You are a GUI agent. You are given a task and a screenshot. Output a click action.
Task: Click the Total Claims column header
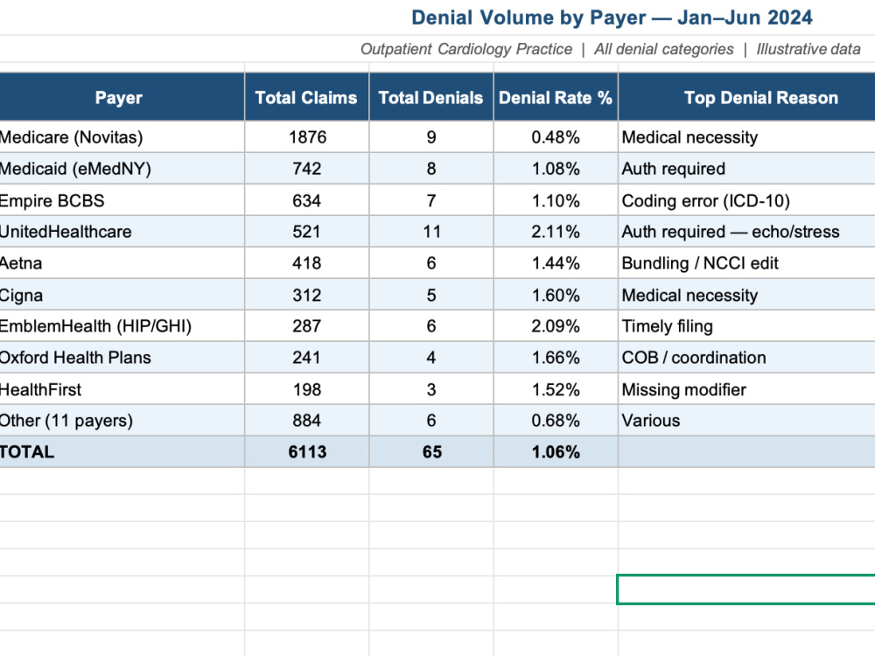click(306, 98)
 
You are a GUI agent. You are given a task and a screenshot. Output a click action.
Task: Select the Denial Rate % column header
click(556, 98)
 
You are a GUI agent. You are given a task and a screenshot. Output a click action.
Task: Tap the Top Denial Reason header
click(761, 98)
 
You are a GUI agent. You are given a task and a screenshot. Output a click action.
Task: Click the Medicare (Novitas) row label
click(71, 137)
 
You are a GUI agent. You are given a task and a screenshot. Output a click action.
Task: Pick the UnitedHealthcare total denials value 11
click(431, 232)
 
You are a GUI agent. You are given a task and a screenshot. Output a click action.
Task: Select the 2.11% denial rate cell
click(556, 232)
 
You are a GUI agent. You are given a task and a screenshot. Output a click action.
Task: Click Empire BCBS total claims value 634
click(306, 200)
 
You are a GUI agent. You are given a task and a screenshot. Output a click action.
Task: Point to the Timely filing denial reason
click(668, 326)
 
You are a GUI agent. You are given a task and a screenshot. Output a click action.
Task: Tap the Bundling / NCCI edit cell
click(700, 263)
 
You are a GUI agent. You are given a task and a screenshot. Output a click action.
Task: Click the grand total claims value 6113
click(307, 452)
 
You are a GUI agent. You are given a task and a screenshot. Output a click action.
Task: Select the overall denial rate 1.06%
click(556, 452)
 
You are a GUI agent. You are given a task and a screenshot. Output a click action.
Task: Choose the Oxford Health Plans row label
click(74, 358)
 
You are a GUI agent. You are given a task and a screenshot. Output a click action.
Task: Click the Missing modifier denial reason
click(684, 389)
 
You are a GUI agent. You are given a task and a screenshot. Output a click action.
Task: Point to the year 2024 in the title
click(790, 17)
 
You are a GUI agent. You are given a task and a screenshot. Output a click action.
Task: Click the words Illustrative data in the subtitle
click(808, 49)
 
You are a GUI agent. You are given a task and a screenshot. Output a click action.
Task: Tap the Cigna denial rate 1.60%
click(556, 295)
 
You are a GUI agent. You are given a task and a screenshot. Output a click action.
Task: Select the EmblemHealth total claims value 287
click(306, 325)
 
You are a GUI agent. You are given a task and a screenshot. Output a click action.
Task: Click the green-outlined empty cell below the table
click(746, 589)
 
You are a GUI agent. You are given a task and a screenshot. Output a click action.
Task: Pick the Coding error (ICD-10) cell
click(706, 201)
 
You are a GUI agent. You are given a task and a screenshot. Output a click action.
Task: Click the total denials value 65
click(432, 452)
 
